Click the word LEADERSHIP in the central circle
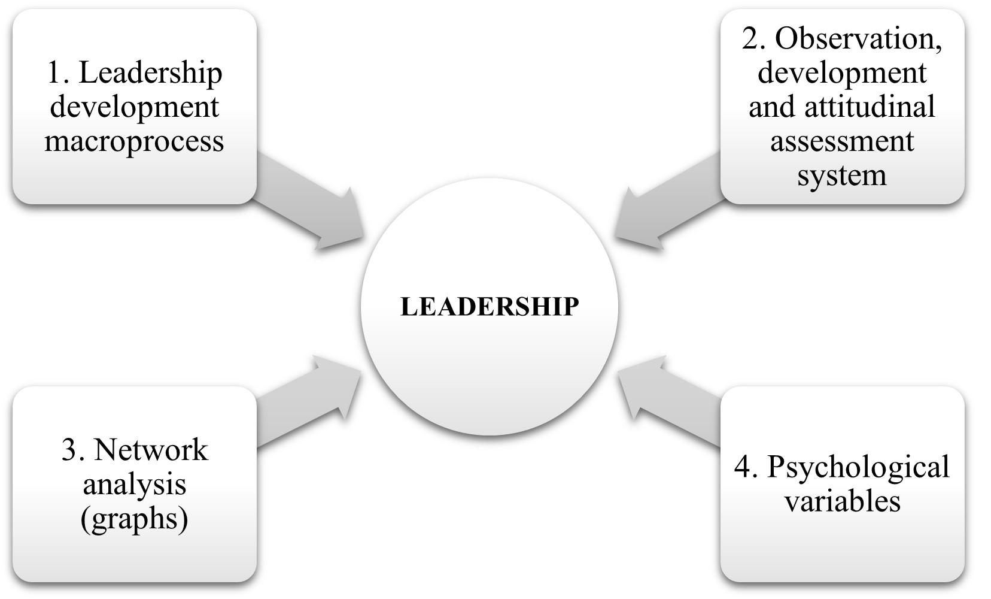(489, 307)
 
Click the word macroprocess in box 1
(134, 141)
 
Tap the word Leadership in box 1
(150, 73)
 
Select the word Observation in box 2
(858, 39)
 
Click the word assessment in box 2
(841, 141)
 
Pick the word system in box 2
(841, 176)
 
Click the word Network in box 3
(151, 449)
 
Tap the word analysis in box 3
(134, 483)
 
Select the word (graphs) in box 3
(134, 518)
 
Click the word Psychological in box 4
(858, 467)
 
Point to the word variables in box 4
(841, 501)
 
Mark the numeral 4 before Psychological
(742, 467)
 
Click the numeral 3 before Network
(69, 449)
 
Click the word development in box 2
(841, 73)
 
